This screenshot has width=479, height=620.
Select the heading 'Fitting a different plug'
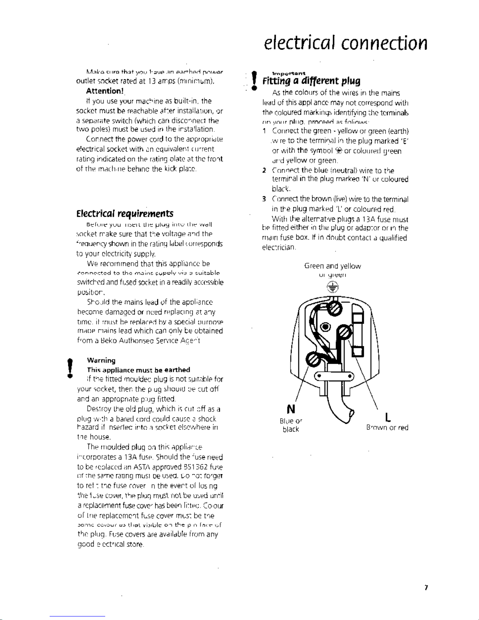[x=311, y=81]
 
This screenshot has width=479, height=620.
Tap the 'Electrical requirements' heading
[x=125, y=214]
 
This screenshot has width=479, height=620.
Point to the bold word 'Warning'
[x=101, y=360]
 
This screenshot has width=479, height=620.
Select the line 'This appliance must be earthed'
[x=138, y=370]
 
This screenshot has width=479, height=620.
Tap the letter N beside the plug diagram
[x=291, y=410]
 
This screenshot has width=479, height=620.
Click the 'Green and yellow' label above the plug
[x=332, y=266]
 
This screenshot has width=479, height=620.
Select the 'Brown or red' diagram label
[x=387, y=428]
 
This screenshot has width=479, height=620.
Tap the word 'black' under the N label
[x=291, y=430]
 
